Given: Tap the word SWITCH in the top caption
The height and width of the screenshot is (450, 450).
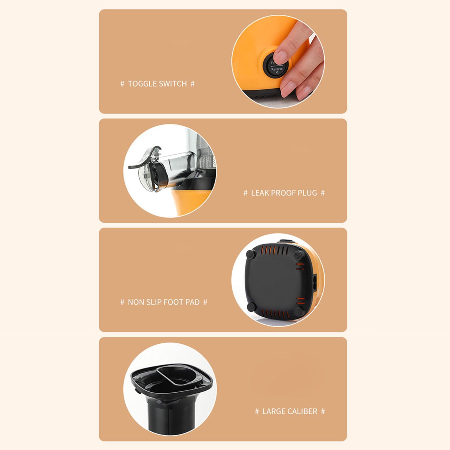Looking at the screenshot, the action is [173, 84].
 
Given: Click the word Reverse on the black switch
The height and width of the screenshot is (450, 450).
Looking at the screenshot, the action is [277, 69].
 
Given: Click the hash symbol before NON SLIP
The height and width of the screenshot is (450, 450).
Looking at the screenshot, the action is [122, 302].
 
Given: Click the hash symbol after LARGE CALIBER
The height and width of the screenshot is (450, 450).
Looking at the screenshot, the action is [323, 411].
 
